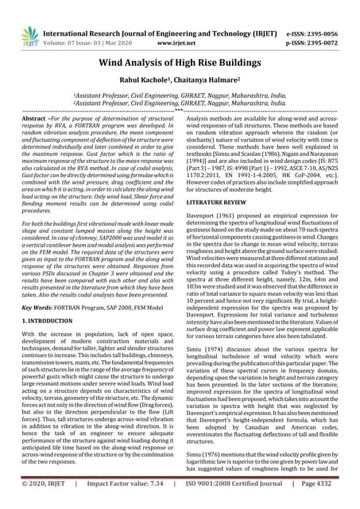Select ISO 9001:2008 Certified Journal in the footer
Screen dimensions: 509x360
pos(239,499)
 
